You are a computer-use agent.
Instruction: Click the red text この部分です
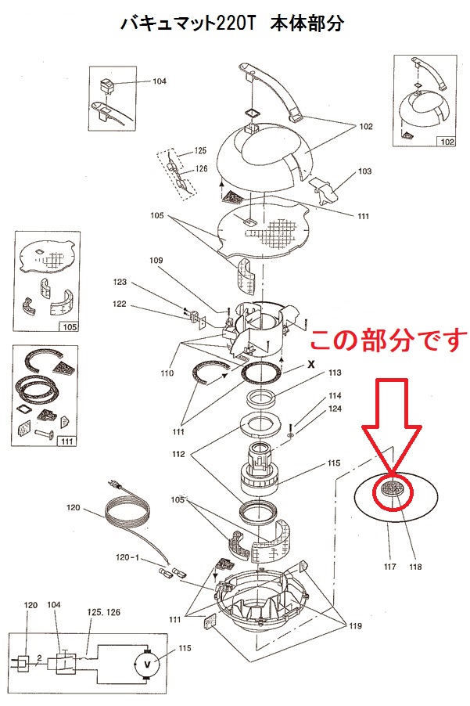coord(388,339)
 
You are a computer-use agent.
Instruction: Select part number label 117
coord(389,565)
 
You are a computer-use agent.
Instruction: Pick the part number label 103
coord(364,171)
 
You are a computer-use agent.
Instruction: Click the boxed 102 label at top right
coord(447,142)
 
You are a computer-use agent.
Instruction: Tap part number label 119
coord(354,625)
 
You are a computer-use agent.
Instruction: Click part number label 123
coord(120,282)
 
